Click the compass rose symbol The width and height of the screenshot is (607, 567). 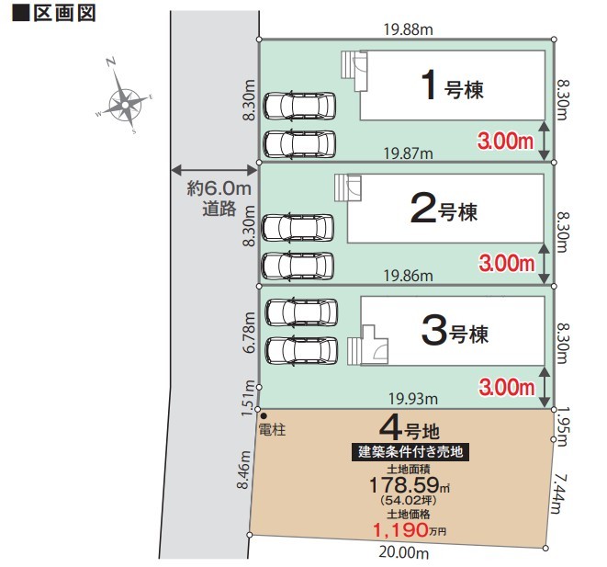coord(125,105)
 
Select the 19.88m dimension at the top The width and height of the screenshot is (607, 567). coord(408,29)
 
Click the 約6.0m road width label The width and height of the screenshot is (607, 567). coord(219,188)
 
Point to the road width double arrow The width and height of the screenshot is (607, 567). coord(214,170)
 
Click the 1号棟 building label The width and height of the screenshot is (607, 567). coord(452,85)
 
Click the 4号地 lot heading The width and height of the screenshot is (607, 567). coord(410,429)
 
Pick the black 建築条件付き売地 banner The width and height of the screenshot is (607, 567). coord(410,452)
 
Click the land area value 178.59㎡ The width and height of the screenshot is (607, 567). coord(410,485)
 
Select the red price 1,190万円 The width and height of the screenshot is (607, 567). coord(410,529)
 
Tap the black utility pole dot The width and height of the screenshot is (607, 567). coord(264,416)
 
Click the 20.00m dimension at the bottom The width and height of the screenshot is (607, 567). coord(403,552)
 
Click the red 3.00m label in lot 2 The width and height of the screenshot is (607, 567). coord(507,264)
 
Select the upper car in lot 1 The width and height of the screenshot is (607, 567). coord(299,106)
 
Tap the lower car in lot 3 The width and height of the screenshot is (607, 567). coord(301,351)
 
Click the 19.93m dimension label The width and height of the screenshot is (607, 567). coord(413,399)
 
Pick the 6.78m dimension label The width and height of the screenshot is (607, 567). coord(250,333)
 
